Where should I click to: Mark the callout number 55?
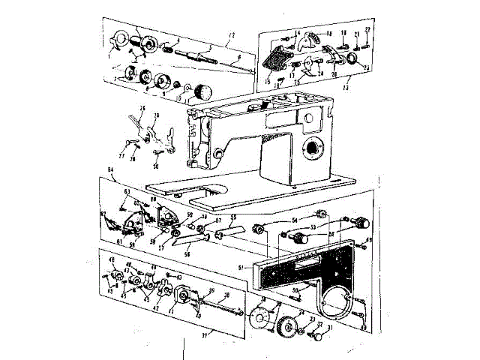coord(233,217)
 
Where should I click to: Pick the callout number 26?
coord(141,108)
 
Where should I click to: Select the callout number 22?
coord(368,29)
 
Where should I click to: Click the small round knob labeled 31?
coord(317,337)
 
